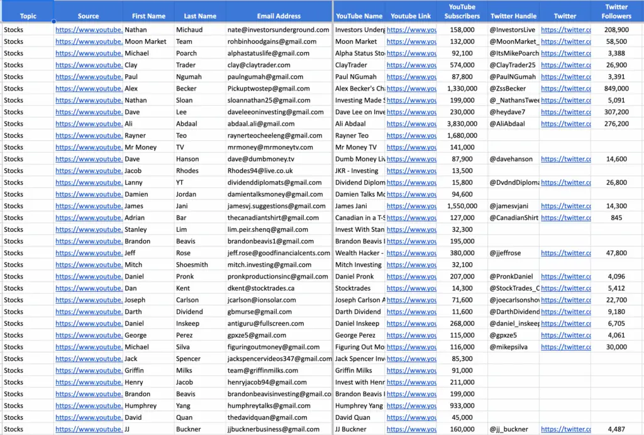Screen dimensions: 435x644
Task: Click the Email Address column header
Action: [x=279, y=16]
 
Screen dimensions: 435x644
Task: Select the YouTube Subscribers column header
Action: [x=462, y=11]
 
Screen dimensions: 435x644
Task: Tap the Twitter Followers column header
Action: [x=616, y=11]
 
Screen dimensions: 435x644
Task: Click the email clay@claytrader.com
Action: [x=258, y=65]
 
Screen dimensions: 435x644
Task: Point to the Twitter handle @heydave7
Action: [x=507, y=112]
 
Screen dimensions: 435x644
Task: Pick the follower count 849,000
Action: [x=616, y=89]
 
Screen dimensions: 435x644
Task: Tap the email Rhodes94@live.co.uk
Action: [x=260, y=170]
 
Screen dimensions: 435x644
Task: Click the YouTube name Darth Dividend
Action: [x=358, y=312]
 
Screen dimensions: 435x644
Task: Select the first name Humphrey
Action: [x=140, y=405]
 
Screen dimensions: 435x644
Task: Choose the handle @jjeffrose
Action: [x=505, y=253]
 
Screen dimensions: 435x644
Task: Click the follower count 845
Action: [x=616, y=218]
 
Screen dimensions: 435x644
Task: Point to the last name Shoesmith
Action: [x=192, y=265]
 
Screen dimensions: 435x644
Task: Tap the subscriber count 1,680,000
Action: [x=462, y=135]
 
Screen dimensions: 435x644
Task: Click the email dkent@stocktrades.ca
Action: [x=261, y=288]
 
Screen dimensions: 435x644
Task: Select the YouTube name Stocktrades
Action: [x=353, y=288]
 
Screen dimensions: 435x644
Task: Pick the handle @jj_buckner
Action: [x=509, y=429]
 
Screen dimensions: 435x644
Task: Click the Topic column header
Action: [x=28, y=16]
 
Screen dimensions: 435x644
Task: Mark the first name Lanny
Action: [x=133, y=182]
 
